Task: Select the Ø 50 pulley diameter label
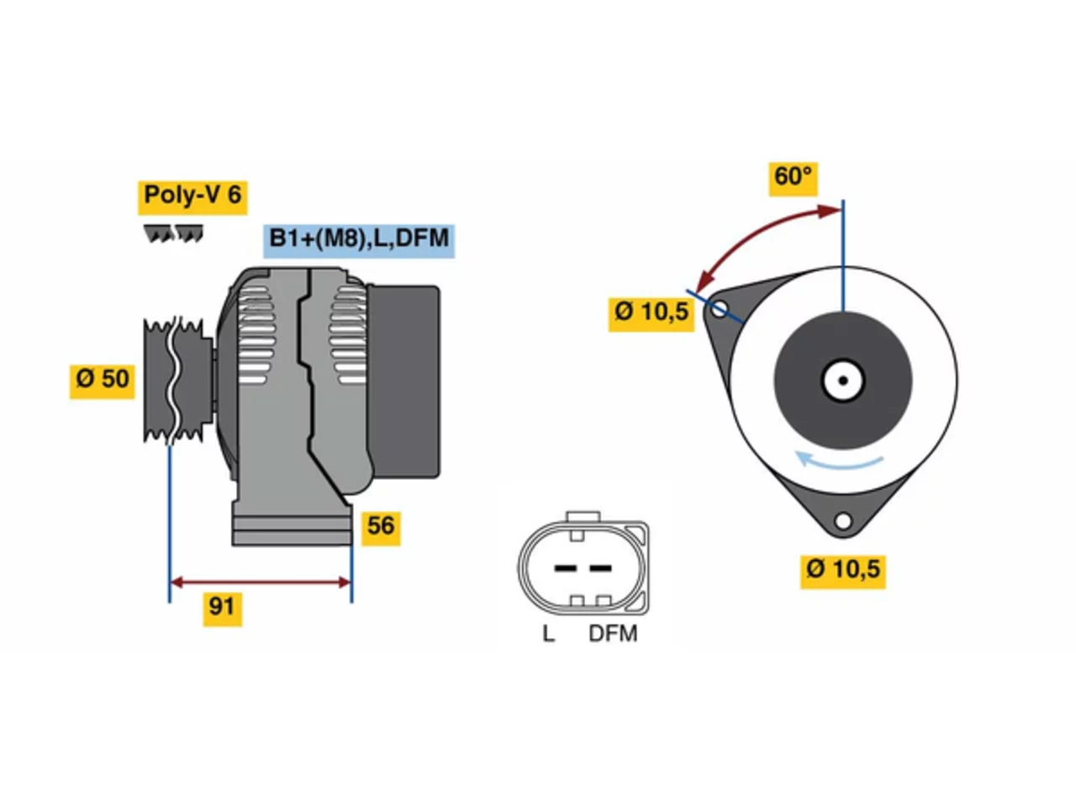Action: pyautogui.click(x=102, y=382)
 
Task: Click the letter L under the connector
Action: pyautogui.click(x=548, y=634)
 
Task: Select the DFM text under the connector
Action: pyautogui.click(x=613, y=634)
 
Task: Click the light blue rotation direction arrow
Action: pyautogui.click(x=837, y=462)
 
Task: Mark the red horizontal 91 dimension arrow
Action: pyautogui.click(x=261, y=583)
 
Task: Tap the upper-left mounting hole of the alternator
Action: pyautogui.click(x=719, y=309)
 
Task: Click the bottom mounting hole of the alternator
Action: pyautogui.click(x=842, y=521)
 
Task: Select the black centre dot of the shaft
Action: pyautogui.click(x=842, y=381)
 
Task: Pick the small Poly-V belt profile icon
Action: pyautogui.click(x=173, y=233)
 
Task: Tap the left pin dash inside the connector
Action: pyautogui.click(x=565, y=568)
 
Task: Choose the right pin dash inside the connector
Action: pyautogui.click(x=600, y=568)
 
